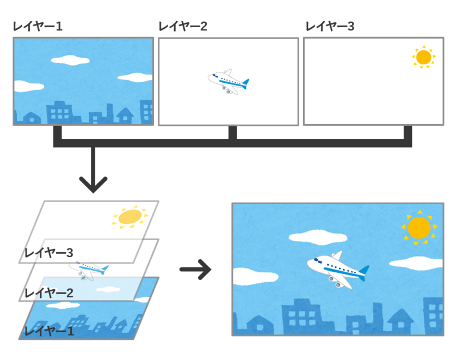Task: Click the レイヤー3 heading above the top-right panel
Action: (330, 26)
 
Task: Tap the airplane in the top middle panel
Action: (228, 82)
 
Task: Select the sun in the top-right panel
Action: (423, 57)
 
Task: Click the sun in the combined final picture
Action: (419, 228)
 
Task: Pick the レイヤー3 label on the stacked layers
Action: (50, 253)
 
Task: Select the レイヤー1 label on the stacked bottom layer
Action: (50, 331)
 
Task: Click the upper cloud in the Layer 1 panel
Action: (68, 58)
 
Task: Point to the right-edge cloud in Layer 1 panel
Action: (135, 77)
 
